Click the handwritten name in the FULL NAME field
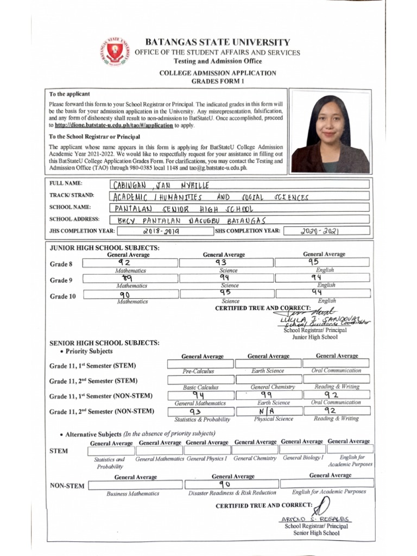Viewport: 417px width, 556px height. (160, 185)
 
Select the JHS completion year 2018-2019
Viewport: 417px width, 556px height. (162, 231)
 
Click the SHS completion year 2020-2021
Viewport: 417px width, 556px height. (319, 231)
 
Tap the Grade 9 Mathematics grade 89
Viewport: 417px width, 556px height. (128, 278)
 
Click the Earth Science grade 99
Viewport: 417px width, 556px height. (266, 395)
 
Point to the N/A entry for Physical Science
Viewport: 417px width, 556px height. (265, 411)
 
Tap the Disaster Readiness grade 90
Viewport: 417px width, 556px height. (225, 484)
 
